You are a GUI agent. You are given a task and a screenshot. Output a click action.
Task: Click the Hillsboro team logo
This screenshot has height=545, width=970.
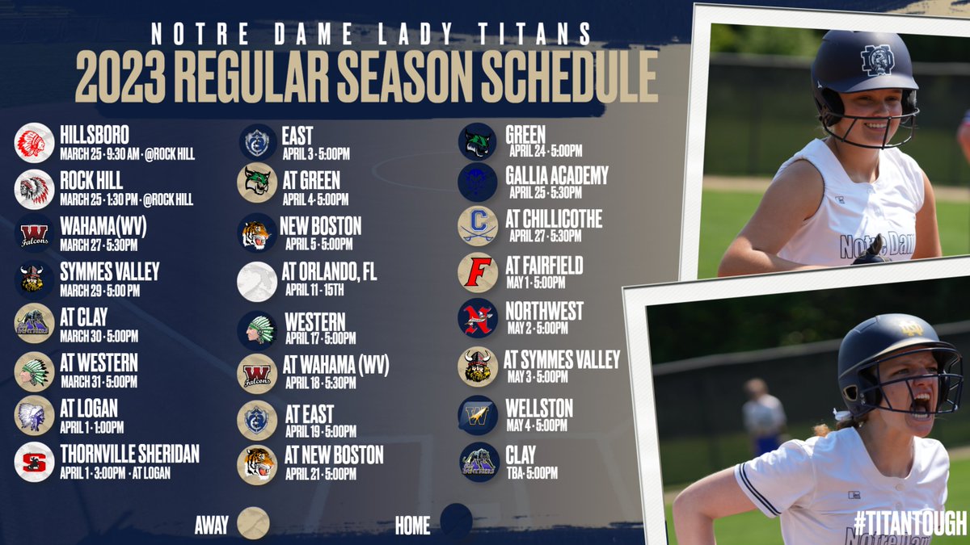pyautogui.click(x=35, y=143)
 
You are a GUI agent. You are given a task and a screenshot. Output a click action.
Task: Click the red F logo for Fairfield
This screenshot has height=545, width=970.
pyautogui.click(x=477, y=272)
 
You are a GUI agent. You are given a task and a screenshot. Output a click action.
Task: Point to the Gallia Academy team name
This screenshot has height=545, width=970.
pyautogui.click(x=557, y=174)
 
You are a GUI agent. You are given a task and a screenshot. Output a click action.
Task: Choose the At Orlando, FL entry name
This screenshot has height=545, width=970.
pyautogui.click(x=331, y=273)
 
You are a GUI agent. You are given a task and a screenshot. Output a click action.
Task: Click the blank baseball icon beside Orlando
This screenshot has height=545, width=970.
pyautogui.click(x=257, y=281)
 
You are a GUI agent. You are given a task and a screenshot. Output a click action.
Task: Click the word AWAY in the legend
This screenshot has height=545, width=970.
pyautogui.click(x=212, y=525)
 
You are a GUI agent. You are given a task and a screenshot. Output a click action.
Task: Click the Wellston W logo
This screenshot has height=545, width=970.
pyautogui.click(x=477, y=415)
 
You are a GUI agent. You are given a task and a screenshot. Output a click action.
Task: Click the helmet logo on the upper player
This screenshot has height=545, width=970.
pyautogui.click(x=877, y=59)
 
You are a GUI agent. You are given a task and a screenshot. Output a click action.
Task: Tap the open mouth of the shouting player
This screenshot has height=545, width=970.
pyautogui.click(x=919, y=404)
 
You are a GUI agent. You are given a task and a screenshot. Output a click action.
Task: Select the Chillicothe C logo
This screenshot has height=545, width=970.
pyautogui.click(x=477, y=225)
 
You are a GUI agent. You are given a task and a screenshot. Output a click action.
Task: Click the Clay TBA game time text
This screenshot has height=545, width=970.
pyautogui.click(x=533, y=473)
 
